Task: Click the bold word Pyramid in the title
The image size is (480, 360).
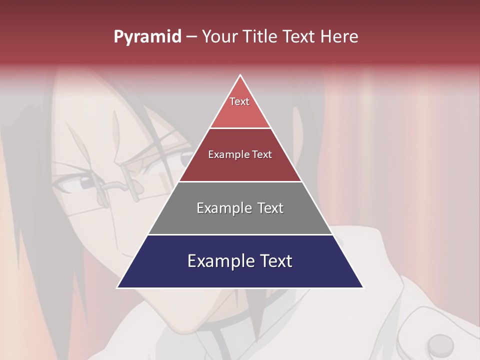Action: coord(147,37)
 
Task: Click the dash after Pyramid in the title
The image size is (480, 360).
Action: coord(191,37)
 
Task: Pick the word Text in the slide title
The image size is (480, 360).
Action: coord(299,36)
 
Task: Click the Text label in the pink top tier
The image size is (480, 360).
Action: coord(239,101)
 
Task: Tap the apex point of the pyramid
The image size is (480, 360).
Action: coord(240,75)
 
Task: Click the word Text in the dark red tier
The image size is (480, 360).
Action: coord(262,154)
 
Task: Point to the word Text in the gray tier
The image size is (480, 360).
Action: coord(270,208)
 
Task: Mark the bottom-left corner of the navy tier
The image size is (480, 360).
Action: coord(117,287)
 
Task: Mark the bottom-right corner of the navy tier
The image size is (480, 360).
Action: coord(362,287)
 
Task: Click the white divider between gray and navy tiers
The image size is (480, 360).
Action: coord(240,234)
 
